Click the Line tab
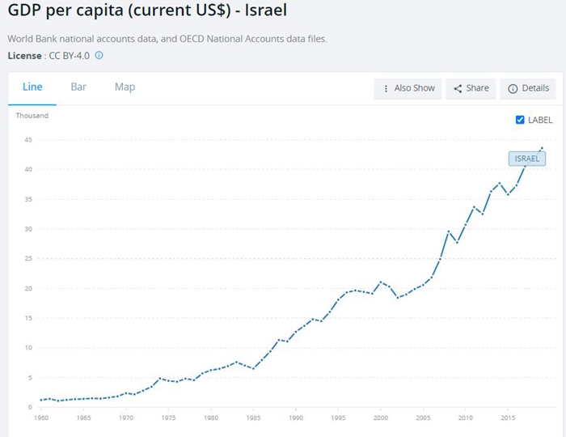point(32,87)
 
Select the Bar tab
point(78,87)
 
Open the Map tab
point(125,87)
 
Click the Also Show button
point(408,88)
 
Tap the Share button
point(471,88)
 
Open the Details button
point(529,88)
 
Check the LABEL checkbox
point(521,120)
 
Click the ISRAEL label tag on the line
point(526,159)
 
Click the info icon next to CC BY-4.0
point(99,55)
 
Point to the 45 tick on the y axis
point(27,140)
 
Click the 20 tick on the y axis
point(27,289)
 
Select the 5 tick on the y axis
point(29,378)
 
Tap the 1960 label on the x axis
point(40,418)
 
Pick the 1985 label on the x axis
point(253,418)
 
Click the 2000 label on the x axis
point(380,418)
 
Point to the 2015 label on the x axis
point(508,418)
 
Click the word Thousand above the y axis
point(32,116)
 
